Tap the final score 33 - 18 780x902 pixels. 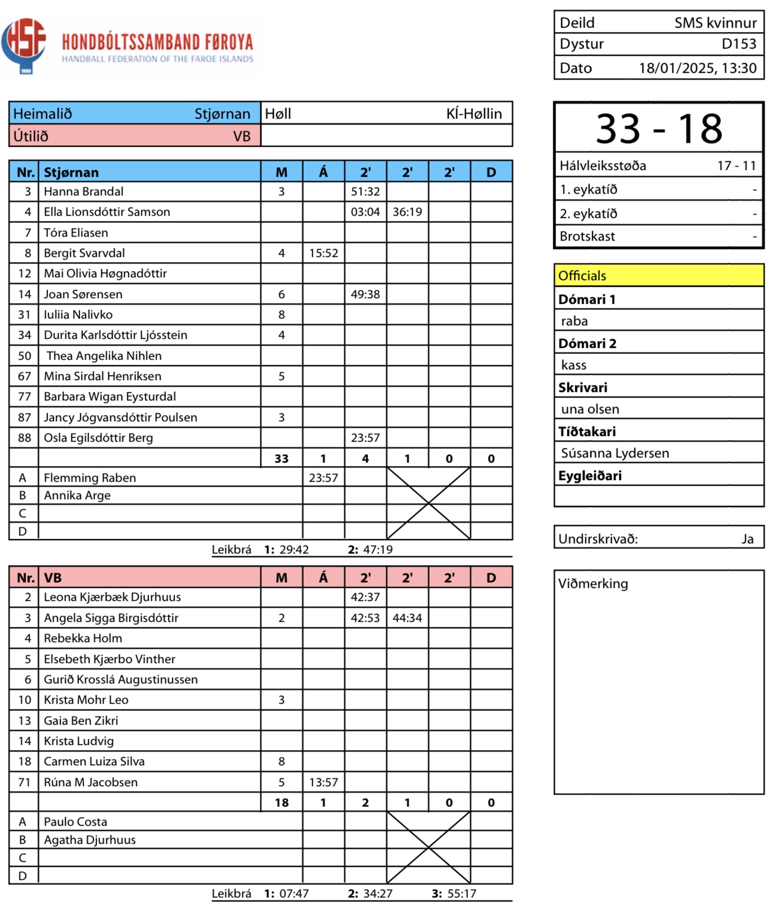point(659,129)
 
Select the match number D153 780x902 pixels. point(738,44)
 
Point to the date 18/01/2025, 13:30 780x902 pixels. point(697,68)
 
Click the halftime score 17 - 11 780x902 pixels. point(736,166)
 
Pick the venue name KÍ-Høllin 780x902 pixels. point(474,114)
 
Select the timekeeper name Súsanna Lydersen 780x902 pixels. point(615,453)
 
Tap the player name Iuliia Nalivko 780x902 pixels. point(78,315)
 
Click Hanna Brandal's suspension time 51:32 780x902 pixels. point(365,191)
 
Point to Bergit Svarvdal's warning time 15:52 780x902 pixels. point(323,253)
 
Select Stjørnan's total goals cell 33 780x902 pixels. point(282,459)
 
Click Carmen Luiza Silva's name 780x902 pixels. point(94,761)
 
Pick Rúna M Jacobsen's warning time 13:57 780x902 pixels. point(323,782)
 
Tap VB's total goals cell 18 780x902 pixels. point(282,803)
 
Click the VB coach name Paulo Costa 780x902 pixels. point(76,822)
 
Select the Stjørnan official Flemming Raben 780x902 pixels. point(90,478)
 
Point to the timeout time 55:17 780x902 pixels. point(461,894)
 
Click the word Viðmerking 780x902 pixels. point(593,583)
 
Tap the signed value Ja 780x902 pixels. point(747,539)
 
